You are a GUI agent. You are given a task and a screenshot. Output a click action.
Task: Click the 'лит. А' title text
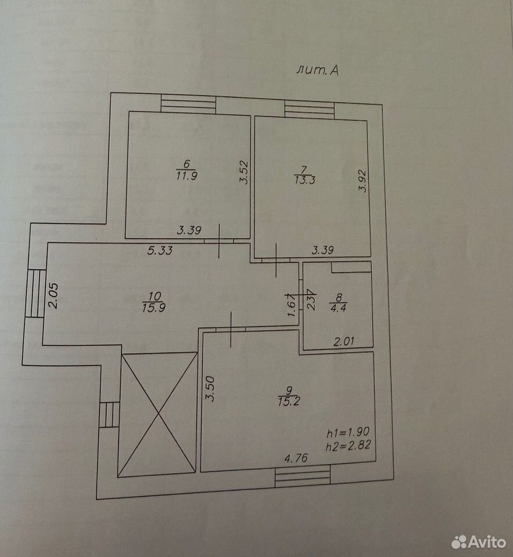click(317, 70)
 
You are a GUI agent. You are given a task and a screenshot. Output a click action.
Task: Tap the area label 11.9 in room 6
click(186, 176)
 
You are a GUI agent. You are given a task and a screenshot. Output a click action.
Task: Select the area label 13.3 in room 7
click(305, 180)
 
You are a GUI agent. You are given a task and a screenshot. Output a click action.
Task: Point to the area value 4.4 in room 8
click(338, 308)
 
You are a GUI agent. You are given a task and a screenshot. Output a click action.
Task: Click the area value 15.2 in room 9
click(289, 402)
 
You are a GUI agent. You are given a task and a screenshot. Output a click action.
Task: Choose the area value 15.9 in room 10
click(154, 308)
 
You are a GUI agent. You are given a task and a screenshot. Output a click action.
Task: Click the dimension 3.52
click(243, 172)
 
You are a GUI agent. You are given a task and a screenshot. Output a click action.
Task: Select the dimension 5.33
click(160, 251)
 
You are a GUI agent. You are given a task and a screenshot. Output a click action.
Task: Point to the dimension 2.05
click(53, 295)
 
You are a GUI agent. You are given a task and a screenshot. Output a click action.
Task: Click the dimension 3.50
click(211, 389)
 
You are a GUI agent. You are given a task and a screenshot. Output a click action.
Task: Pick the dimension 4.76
click(296, 458)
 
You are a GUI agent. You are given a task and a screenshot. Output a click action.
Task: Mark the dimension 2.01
click(344, 342)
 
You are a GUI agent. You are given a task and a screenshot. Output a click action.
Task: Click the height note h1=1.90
click(348, 432)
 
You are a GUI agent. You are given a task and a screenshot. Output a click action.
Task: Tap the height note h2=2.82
click(349, 446)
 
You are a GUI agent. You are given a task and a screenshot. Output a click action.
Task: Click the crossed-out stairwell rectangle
click(157, 415)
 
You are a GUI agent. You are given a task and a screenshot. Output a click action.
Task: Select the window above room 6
click(188, 105)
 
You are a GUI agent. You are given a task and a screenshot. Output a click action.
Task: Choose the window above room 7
click(310, 110)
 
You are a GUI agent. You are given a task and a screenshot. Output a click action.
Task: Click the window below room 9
click(303, 477)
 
